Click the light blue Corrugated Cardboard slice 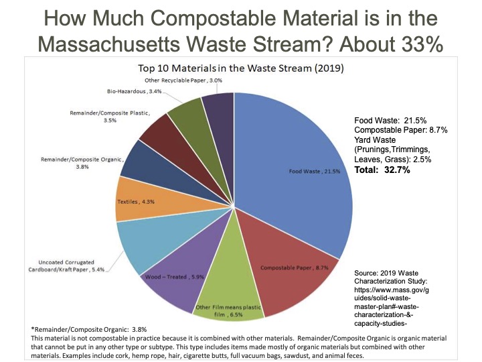point(144,245)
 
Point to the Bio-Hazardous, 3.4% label point(135,90)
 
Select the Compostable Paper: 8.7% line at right point(400,129)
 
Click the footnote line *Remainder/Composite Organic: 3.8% point(90,329)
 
